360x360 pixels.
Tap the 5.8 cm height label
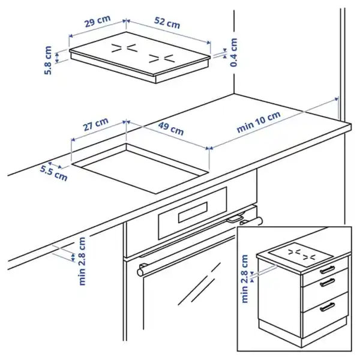[x=49, y=61]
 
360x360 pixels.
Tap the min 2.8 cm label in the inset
[x=245, y=278]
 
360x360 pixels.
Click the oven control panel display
[x=192, y=210]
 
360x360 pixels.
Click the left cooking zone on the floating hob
[x=124, y=49]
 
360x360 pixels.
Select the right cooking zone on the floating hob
[x=161, y=59]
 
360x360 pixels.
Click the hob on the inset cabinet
[x=298, y=255]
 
